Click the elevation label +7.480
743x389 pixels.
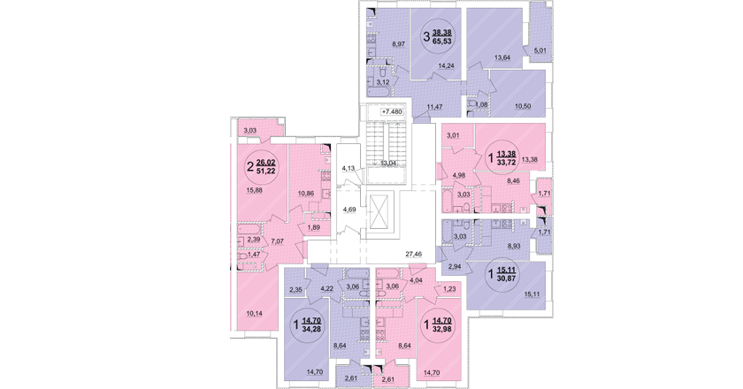tap(392, 111)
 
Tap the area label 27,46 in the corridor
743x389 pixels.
tap(413, 255)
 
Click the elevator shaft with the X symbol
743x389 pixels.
tap(381, 211)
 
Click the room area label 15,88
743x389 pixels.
tap(255, 190)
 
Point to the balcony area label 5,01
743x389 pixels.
tap(540, 49)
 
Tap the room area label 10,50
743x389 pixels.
tap(523, 106)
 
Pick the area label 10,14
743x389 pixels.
tap(255, 312)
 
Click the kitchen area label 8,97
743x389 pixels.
tap(397, 44)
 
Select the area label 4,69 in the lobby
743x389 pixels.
tap(349, 209)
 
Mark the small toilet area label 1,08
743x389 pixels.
tap(481, 104)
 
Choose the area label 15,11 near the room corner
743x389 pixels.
tap(532, 294)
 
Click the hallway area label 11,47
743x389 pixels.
tap(434, 107)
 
